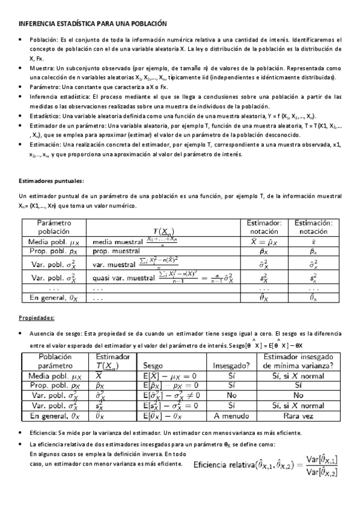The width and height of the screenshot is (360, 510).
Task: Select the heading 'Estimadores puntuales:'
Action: (51, 180)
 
